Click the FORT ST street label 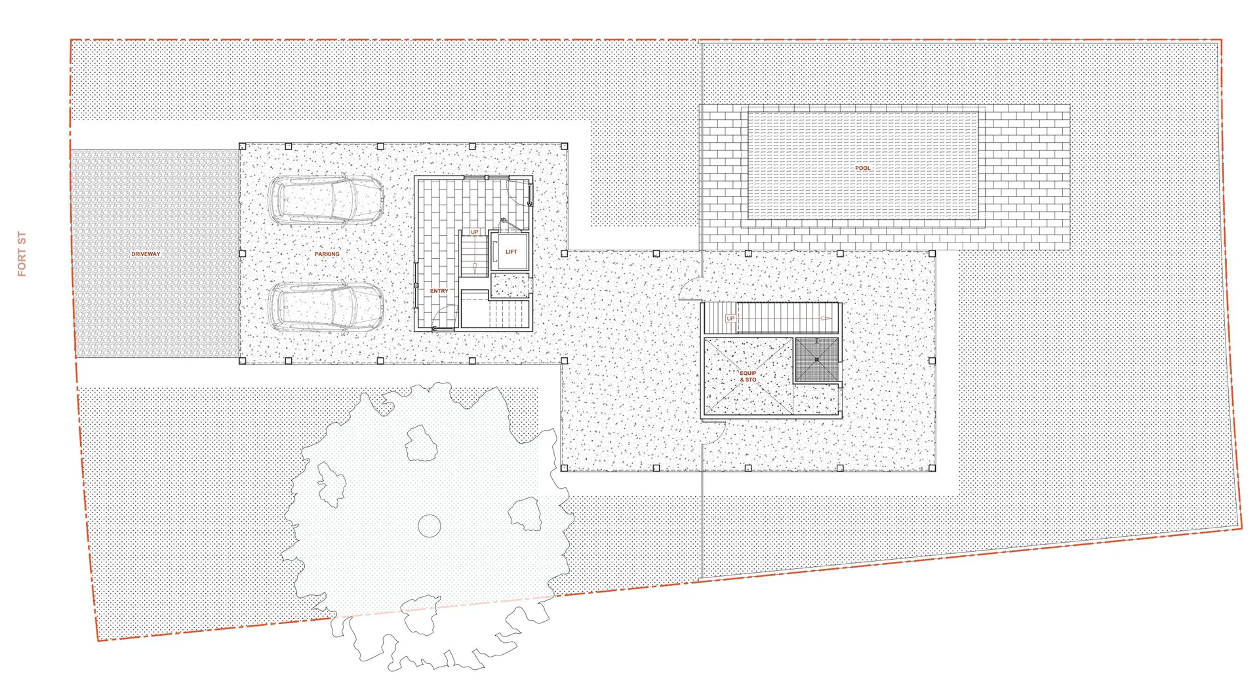click(x=22, y=254)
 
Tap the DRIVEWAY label click(x=146, y=254)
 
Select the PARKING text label click(x=327, y=254)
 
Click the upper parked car click(x=326, y=199)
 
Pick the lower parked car click(x=326, y=307)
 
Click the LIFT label click(x=511, y=252)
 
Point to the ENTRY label click(x=439, y=291)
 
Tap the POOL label click(x=863, y=168)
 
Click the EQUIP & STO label click(x=748, y=376)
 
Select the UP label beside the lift click(x=474, y=232)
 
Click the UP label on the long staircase click(x=730, y=319)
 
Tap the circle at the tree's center click(x=429, y=526)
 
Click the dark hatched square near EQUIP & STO click(x=816, y=359)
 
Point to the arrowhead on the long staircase click(x=827, y=319)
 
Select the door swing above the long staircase click(x=691, y=290)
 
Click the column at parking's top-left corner click(x=243, y=146)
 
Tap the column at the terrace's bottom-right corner click(x=932, y=468)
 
